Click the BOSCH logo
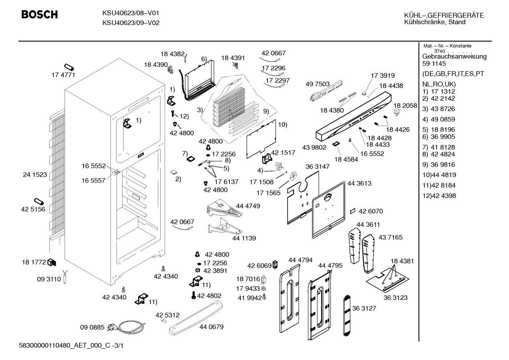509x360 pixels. [x=40, y=14]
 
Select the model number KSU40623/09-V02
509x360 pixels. [x=131, y=23]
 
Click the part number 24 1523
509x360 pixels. [x=35, y=175]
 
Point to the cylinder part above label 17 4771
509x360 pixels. [x=69, y=67]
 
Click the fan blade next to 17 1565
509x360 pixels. [x=293, y=176]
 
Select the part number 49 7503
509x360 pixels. [x=317, y=84]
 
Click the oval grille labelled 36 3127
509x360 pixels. [x=347, y=315]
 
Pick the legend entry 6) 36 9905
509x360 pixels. [x=438, y=137]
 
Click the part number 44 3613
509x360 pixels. [x=359, y=183]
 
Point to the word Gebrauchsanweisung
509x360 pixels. [x=455, y=57]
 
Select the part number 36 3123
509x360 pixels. [x=395, y=297]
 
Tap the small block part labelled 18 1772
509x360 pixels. [x=52, y=262]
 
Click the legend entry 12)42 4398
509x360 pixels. [x=439, y=196]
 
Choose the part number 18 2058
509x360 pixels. [x=405, y=106]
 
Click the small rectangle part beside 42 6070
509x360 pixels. [x=352, y=211]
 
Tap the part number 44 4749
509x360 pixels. [x=248, y=206]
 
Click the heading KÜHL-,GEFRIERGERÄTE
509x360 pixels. [x=444, y=15]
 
